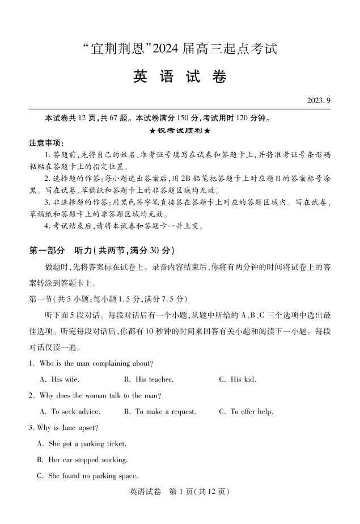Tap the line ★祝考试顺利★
[180, 130]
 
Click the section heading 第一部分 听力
[101, 251]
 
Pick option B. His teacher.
[149, 379]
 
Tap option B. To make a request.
[160, 412]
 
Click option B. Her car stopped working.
[82, 460]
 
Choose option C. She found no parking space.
[87, 476]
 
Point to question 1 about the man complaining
[91, 364]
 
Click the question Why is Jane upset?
[64, 428]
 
